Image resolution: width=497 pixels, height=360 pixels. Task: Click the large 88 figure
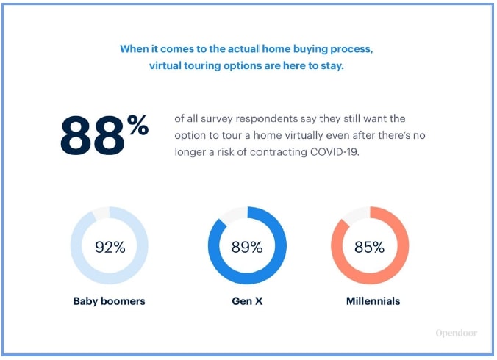pyautogui.click(x=93, y=135)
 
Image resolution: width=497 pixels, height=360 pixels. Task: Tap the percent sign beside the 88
pyautogui.click(x=138, y=125)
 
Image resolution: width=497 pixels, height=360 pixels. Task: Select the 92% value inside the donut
pyautogui.click(x=110, y=247)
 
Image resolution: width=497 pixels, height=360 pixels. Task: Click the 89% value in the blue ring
pyautogui.click(x=247, y=247)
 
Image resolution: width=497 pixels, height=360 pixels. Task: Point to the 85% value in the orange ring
pyautogui.click(x=369, y=247)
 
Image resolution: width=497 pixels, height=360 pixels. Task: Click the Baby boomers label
pyautogui.click(x=109, y=301)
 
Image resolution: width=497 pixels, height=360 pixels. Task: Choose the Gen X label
pyautogui.click(x=247, y=301)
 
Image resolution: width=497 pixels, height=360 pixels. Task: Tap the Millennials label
pyautogui.click(x=373, y=301)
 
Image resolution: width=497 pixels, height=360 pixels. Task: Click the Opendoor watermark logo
pyautogui.click(x=456, y=333)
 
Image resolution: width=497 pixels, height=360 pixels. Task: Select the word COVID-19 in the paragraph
pyautogui.click(x=335, y=152)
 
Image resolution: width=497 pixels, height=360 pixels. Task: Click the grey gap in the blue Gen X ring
pyautogui.click(x=234, y=215)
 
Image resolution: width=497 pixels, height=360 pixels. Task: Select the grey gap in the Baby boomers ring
pyautogui.click(x=101, y=213)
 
